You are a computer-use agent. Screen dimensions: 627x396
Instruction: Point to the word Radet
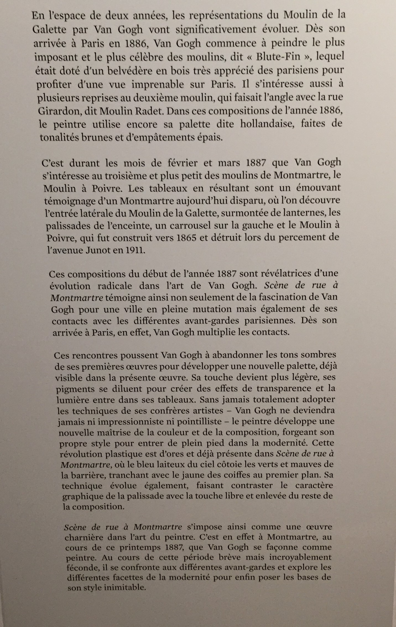(148, 111)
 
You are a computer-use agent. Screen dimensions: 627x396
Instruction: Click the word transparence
(286, 388)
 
